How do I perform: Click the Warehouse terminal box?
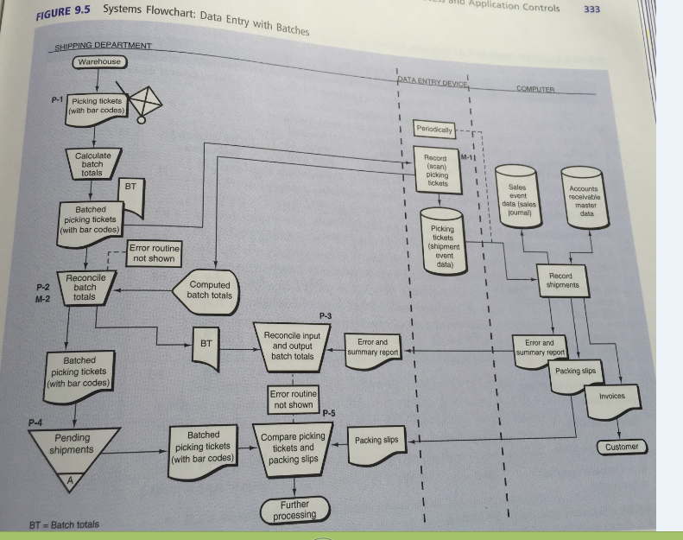tap(99, 62)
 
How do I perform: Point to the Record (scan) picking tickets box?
tap(438, 171)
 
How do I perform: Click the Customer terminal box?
tap(622, 447)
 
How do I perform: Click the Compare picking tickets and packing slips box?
tap(293, 448)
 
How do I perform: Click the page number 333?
tap(592, 10)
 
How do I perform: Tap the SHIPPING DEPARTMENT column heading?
tap(104, 46)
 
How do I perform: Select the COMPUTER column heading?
tap(536, 89)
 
